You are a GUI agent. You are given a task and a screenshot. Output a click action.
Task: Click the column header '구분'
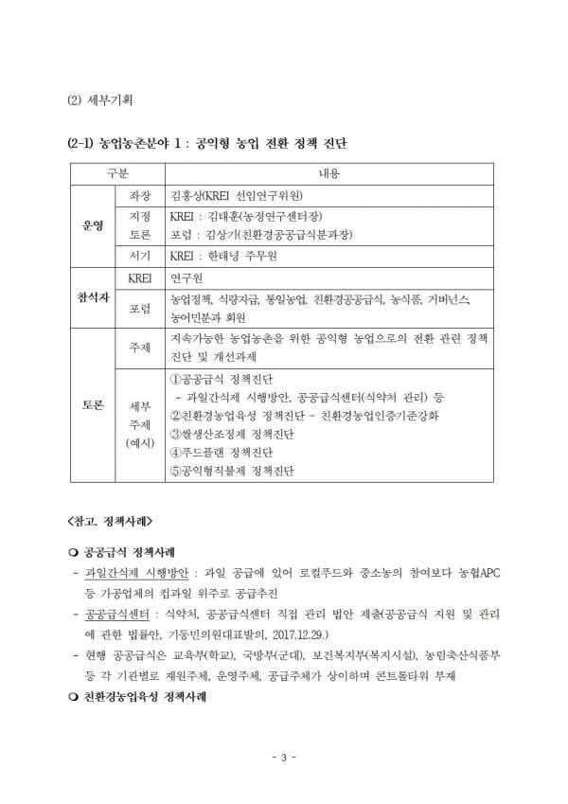pyautogui.click(x=115, y=173)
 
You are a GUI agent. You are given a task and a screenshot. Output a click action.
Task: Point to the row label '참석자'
pyautogui.click(x=94, y=297)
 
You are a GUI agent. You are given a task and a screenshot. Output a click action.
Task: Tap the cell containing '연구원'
pyautogui.click(x=186, y=279)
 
